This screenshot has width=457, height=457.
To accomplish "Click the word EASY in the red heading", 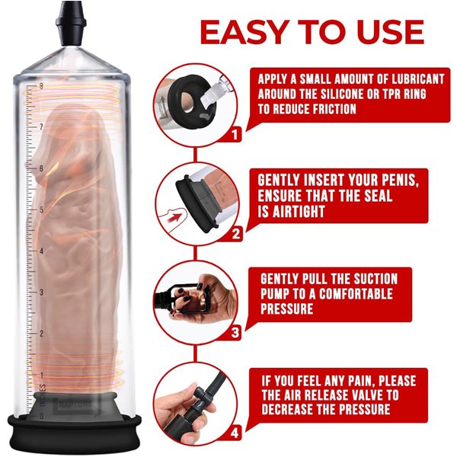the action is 244,32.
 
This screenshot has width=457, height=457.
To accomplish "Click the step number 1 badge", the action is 235,135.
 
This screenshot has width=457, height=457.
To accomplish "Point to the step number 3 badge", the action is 235,333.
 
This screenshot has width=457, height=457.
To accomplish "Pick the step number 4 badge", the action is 235,433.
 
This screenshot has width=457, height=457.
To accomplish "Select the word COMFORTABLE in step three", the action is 356,294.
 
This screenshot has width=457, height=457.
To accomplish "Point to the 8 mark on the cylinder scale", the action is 41,86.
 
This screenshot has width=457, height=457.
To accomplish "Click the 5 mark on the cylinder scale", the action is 41,210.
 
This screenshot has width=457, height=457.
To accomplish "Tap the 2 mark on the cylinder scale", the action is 41,334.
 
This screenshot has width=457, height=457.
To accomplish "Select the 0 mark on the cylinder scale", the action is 41,416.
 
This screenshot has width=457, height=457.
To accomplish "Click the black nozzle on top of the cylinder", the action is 71,24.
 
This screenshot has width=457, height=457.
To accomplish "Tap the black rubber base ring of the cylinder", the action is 75,433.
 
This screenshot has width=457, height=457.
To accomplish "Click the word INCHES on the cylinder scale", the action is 43,395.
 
